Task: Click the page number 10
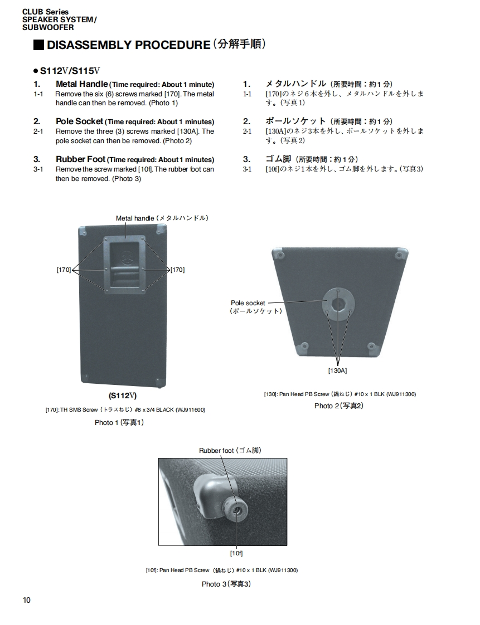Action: coord(27,600)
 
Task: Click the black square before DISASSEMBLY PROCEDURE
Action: coord(38,45)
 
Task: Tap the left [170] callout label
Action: coord(64,270)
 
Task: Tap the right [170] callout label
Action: coord(177,270)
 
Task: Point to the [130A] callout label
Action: coord(337,370)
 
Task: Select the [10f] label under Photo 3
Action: coord(236,553)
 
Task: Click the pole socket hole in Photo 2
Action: coord(338,304)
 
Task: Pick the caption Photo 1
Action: coord(119,423)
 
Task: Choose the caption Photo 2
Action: coord(339,406)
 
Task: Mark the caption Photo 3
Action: coord(226,584)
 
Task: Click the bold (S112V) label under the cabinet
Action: coord(123,396)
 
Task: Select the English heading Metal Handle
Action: coord(81,84)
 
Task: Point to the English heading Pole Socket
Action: coord(79,121)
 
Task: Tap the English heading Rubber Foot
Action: coord(80,159)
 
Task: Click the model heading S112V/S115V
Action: coord(70,71)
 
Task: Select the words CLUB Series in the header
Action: coord(46,12)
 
